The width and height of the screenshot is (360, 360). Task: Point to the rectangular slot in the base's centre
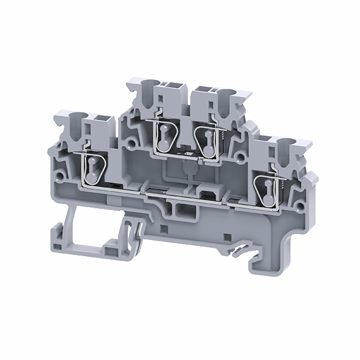(x=179, y=209)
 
